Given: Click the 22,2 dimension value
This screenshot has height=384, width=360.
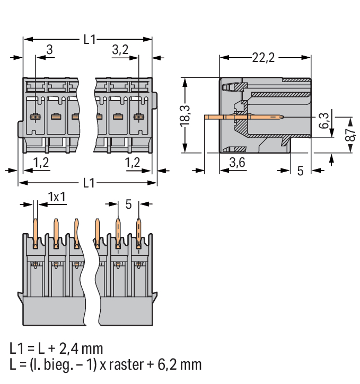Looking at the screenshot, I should coord(263,58).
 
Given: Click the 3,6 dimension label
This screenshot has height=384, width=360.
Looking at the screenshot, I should coord(236,163).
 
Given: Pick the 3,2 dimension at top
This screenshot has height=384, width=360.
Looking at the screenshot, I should coord(120,50).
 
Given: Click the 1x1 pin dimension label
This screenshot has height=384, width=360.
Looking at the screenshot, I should coord(57,197).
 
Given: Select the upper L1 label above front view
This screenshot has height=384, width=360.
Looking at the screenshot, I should coord(89,39).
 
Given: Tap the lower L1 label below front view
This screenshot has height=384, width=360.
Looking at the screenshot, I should coord(89,183).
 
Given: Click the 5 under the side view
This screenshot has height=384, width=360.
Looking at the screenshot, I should coord(300,171).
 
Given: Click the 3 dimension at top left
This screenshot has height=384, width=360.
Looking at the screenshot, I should coord(49,50).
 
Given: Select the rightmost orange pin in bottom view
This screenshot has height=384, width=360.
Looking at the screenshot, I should coord(139,233).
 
